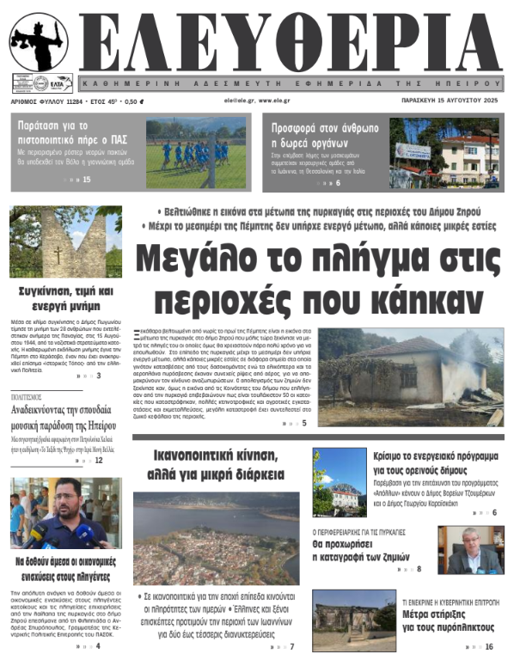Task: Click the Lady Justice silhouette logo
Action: (38, 43)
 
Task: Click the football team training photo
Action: (195, 153)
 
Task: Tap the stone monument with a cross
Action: (53, 243)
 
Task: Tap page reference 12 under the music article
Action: (99, 461)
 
